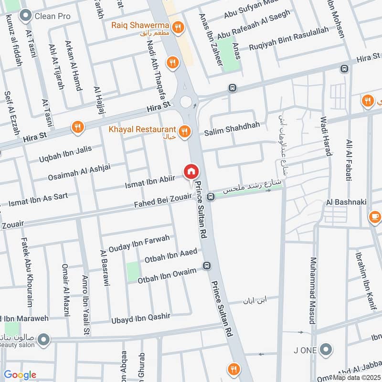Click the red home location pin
click(x=191, y=171)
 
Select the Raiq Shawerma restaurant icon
click(x=178, y=28)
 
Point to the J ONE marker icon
click(x=326, y=350)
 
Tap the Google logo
click(x=20, y=375)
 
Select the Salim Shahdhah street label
click(x=233, y=125)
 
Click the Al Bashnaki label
click(x=346, y=202)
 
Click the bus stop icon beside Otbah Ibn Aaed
click(x=207, y=265)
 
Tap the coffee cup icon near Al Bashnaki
click(x=375, y=218)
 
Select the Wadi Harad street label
click(x=326, y=136)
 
